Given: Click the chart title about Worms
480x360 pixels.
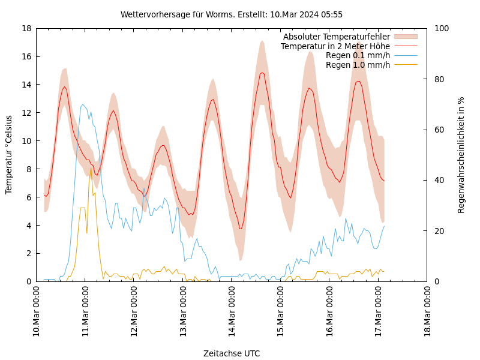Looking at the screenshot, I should coord(232,14).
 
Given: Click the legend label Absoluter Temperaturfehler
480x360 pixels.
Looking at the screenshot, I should coord(336,37).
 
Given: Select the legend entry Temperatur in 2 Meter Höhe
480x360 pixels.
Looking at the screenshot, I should coord(335,46).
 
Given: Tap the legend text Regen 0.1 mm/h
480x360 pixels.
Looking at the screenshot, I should coord(358,55).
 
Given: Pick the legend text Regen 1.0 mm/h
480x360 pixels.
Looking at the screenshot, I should coord(358,65).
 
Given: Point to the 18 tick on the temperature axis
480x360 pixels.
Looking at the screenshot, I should coord(27,28).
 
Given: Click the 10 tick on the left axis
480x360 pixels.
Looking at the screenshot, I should coord(27,141).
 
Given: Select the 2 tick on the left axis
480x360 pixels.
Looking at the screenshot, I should coord(29,253).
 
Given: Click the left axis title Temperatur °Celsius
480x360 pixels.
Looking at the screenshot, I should coord(9,155).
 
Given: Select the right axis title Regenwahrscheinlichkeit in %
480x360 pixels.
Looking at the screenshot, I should coord(461,155).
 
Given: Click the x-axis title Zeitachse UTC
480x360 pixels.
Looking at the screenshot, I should coord(232,353).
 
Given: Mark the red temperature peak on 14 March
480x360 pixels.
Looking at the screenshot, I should coord(262,73).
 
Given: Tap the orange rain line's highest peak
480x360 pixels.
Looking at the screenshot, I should coord(91,168).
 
